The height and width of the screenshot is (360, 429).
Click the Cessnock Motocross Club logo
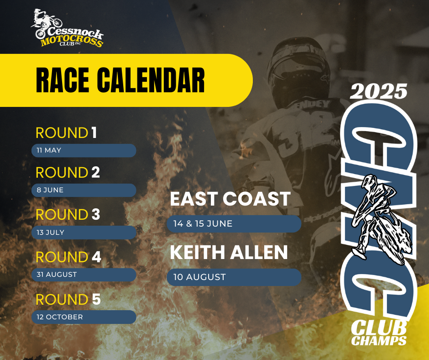point(67,28)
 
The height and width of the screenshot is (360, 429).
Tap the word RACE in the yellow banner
point(63,80)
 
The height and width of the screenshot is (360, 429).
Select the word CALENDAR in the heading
point(151,80)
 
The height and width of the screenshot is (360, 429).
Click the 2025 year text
point(378,91)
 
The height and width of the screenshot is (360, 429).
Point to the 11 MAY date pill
point(84,150)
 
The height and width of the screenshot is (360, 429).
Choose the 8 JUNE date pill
point(84,190)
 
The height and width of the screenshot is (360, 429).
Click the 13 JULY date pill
point(84,233)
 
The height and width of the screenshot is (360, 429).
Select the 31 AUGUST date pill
point(84,275)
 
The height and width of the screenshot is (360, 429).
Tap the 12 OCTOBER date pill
point(84,317)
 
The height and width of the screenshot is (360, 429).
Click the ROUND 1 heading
point(66,133)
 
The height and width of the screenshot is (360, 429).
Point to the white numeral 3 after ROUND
point(96,215)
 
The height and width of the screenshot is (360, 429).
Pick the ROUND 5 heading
point(68,299)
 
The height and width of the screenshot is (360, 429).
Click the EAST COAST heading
point(230,199)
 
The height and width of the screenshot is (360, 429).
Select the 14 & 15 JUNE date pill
point(234,224)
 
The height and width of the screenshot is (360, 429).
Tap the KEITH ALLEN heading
point(229,252)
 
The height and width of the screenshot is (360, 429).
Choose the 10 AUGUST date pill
point(234,277)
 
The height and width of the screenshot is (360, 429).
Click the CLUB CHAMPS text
point(379,333)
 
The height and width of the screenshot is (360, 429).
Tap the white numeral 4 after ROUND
point(96,257)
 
